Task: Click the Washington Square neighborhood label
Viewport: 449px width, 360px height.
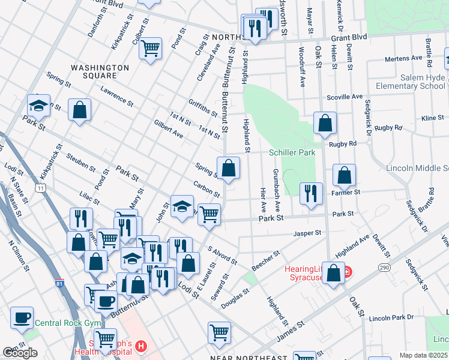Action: pyautogui.click(x=100, y=72)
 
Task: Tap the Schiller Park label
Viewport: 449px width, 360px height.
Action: pyautogui.click(x=292, y=153)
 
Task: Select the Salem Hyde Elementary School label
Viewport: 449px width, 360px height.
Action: pyautogui.click(x=411, y=82)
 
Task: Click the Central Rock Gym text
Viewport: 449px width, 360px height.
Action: pyautogui.click(x=62, y=323)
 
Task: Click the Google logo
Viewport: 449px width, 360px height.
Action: pyautogui.click(x=20, y=353)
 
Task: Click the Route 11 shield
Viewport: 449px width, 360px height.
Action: pyautogui.click(x=40, y=188)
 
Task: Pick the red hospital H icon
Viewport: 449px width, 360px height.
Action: pyautogui.click(x=140, y=346)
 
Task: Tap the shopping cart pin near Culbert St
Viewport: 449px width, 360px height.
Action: pyautogui.click(x=150, y=47)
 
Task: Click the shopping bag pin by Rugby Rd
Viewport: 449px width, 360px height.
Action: pyautogui.click(x=325, y=123)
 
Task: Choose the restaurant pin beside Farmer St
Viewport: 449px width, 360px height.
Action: pyautogui.click(x=310, y=193)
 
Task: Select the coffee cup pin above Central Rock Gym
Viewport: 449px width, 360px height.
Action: pyautogui.click(x=22, y=317)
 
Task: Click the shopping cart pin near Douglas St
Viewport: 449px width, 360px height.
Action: pyautogui.click(x=219, y=331)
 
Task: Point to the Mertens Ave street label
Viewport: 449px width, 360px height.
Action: pyautogui.click(x=403, y=59)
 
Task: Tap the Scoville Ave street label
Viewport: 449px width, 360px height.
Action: pyautogui.click(x=345, y=97)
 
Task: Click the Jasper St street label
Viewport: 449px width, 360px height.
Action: pyautogui.click(x=307, y=233)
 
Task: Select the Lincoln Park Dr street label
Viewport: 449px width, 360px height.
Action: pyautogui.click(x=391, y=317)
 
